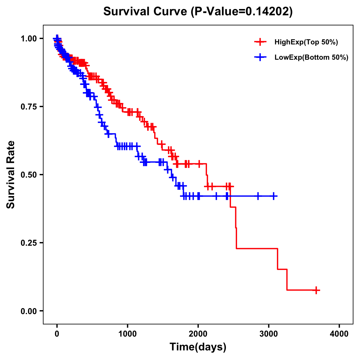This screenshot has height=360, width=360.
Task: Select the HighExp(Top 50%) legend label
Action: coord(306,42)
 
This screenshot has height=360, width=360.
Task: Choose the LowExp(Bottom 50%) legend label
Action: coord(311,57)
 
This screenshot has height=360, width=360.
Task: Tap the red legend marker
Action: coord(260,42)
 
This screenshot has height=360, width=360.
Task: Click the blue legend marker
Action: coord(260,57)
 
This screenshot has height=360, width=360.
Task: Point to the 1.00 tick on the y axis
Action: coord(28,39)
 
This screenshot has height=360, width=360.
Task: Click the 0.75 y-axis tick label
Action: coord(28,107)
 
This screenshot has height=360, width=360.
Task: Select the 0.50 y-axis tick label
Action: coord(28,175)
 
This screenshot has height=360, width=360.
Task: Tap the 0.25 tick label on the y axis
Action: coord(28,243)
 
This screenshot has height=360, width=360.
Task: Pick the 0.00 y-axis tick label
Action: coord(28,311)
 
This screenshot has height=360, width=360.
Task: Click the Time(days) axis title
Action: coord(198,347)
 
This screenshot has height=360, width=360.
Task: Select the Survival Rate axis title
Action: coord(11,175)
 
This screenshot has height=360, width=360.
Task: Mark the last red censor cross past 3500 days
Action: coord(316,290)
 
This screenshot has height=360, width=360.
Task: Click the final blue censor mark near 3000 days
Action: coord(273,196)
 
